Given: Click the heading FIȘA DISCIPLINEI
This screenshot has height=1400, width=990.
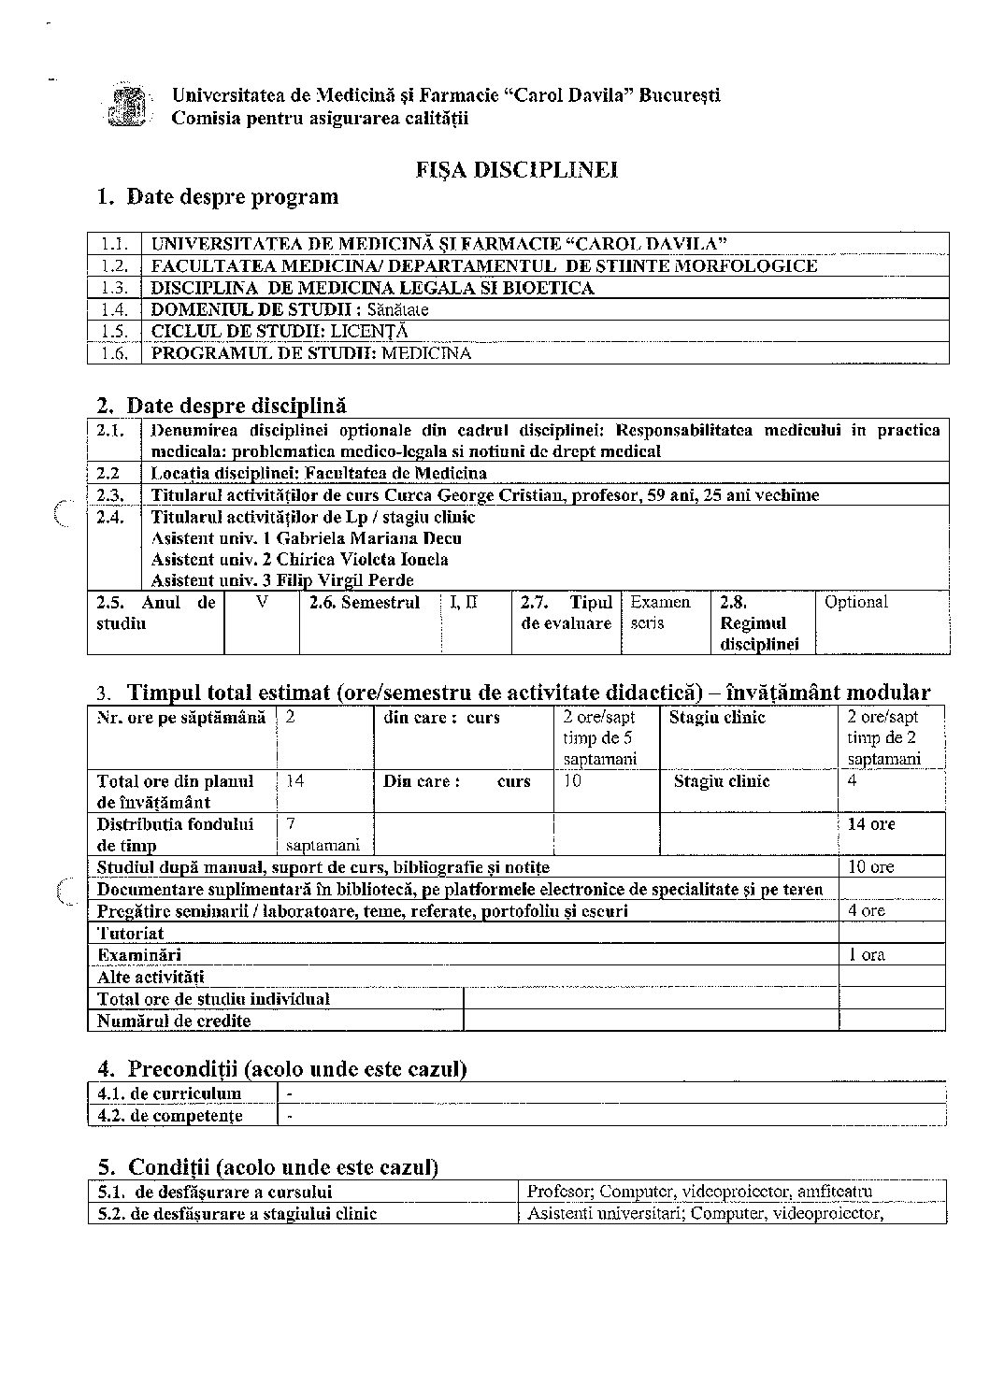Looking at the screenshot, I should click(516, 170).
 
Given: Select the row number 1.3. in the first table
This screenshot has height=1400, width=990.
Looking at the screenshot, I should click(114, 288).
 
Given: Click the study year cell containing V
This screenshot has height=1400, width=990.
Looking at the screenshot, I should click(262, 603).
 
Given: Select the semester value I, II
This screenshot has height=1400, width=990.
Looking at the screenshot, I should click(464, 603).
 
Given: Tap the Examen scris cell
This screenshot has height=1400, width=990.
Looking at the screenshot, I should click(660, 613).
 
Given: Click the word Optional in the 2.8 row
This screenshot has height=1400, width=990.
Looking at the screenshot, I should click(855, 603).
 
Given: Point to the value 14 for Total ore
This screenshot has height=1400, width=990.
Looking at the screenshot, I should click(295, 781).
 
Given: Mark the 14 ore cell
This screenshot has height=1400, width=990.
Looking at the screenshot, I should click(870, 824).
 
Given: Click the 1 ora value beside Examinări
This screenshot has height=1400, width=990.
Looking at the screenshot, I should click(867, 955).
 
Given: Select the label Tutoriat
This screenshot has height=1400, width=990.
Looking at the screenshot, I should click(131, 933).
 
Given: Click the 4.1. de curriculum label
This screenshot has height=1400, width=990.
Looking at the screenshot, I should click(169, 1093).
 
